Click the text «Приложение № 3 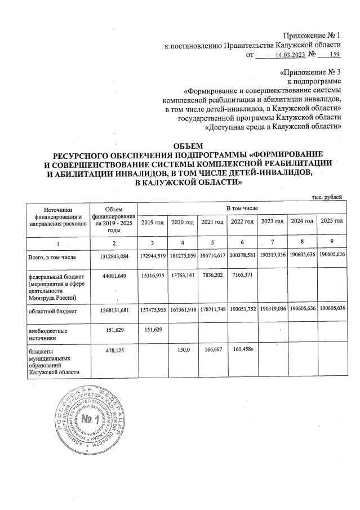(310, 73)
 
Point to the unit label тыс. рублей (327, 196)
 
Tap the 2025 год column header (331, 221)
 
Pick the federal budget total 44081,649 (114, 276)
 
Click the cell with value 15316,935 (152, 276)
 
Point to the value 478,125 (114, 350)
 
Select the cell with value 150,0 (181, 350)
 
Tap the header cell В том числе (241, 208)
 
